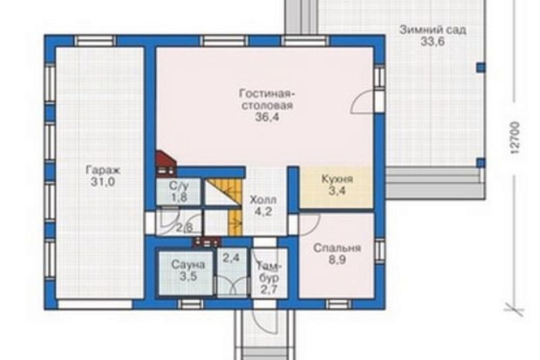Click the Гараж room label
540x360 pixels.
(x=103, y=170)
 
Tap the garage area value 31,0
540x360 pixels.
(x=103, y=182)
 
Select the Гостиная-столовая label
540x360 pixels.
(x=266, y=99)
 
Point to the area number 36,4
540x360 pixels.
(x=267, y=117)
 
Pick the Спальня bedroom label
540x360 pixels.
(x=337, y=248)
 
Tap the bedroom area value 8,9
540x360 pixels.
(x=337, y=260)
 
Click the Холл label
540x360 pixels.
(x=263, y=200)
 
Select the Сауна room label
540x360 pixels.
(x=188, y=264)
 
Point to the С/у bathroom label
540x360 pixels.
(x=179, y=186)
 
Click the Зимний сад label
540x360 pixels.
(x=433, y=30)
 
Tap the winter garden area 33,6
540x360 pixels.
(x=433, y=42)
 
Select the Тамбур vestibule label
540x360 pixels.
(x=269, y=272)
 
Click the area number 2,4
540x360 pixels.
(x=231, y=257)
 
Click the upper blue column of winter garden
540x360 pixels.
(x=481, y=67)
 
